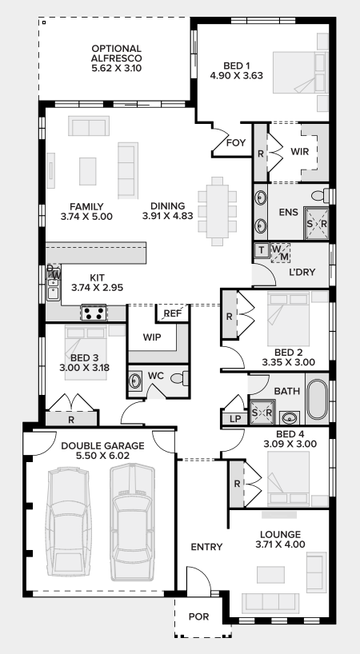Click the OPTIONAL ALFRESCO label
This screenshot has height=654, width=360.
pos(116,58)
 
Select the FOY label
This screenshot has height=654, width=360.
pos(234,143)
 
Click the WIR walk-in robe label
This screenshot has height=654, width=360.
pos(300,150)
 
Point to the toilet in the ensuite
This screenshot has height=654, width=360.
pos(319,196)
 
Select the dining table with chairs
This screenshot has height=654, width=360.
pos(218,210)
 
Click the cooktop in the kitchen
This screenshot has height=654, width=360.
pos(94,313)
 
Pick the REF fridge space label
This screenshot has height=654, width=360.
pos(173,313)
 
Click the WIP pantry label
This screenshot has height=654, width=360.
pos(152,337)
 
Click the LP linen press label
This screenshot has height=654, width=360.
pos(234,418)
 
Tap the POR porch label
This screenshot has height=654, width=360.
pos(198,616)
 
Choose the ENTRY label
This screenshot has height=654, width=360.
pos(206,547)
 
